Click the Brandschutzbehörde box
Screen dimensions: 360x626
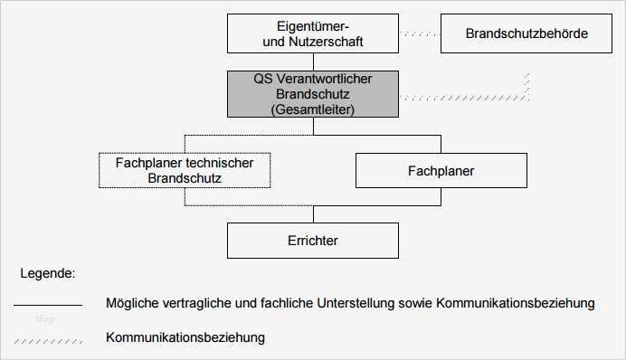[526, 33]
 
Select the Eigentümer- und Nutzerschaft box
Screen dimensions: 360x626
[312, 33]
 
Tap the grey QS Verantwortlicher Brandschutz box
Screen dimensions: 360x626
[313, 94]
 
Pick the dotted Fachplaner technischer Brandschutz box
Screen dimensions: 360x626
[184, 170]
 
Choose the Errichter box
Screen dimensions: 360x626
[312, 241]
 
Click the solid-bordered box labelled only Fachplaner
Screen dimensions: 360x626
[441, 170]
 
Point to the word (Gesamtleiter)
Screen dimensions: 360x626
[313, 109]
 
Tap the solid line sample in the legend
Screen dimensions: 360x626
[47, 304]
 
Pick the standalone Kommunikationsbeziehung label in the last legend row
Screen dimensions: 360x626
[185, 338]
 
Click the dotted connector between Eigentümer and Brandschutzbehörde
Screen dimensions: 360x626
[419, 33]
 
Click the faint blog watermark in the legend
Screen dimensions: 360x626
[44, 319]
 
